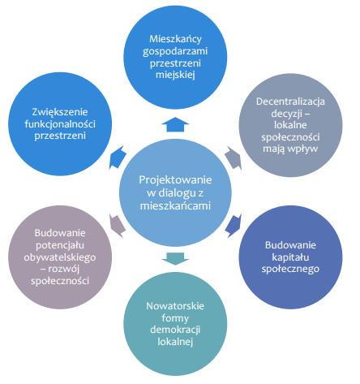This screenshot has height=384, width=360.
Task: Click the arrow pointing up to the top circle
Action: (x=175, y=124)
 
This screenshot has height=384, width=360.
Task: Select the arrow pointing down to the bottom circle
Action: (x=175, y=259)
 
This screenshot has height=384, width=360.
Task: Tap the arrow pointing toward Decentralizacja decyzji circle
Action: (x=234, y=158)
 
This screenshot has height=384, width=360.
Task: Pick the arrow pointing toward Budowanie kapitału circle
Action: (x=234, y=226)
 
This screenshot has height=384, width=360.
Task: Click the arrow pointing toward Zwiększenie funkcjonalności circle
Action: (x=118, y=157)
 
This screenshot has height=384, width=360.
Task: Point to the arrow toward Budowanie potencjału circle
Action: (x=118, y=226)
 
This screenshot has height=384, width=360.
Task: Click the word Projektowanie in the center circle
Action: (x=175, y=180)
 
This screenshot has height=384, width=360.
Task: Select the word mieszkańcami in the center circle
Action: (x=175, y=205)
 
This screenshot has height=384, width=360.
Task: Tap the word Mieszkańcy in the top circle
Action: (x=175, y=39)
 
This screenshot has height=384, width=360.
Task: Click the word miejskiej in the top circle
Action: (x=175, y=75)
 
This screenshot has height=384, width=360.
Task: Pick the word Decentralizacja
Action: (x=290, y=101)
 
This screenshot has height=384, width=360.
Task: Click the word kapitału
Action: (x=290, y=257)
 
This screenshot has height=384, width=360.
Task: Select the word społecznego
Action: (x=290, y=269)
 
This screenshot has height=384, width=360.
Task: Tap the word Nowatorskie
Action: (x=175, y=306)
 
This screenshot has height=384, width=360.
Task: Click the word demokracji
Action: (x=175, y=330)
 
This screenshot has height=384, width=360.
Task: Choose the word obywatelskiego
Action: (x=60, y=257)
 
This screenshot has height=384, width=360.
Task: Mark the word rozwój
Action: (x=66, y=269)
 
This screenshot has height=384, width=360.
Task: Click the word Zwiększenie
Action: (x=60, y=112)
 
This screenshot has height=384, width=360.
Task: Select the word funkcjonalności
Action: (x=60, y=124)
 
